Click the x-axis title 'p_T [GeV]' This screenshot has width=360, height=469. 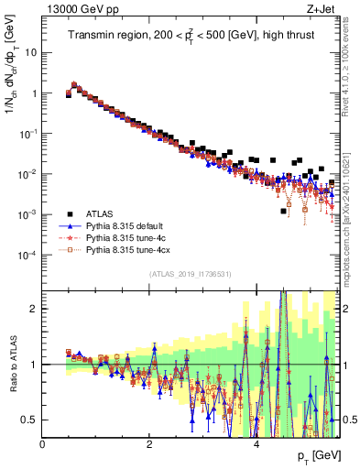tap(316, 455)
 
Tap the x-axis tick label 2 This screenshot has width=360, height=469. tap(149, 443)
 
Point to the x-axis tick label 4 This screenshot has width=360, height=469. tap(256, 443)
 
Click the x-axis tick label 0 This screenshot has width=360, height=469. tap(43, 443)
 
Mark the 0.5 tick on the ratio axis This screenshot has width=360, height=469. tap(30, 420)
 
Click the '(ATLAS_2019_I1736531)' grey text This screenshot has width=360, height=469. tap(190, 275)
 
